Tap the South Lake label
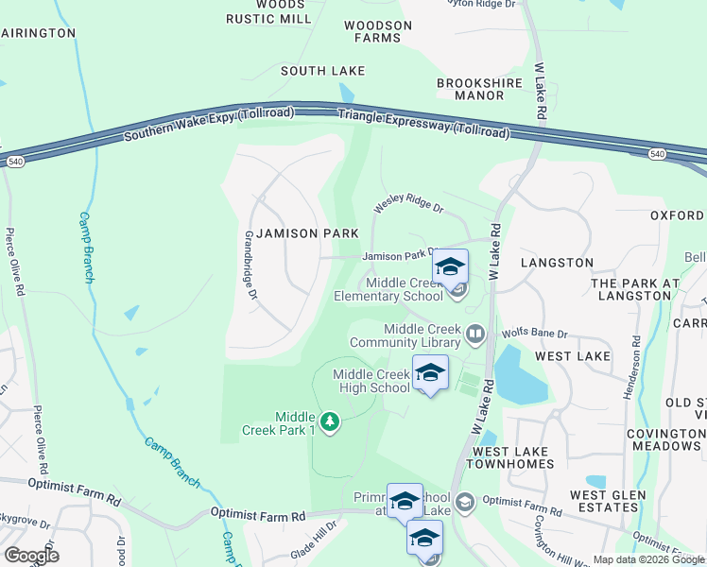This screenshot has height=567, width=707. pos(322,71)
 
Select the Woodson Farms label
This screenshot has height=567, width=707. pos(378,31)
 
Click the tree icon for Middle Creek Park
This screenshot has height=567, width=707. pos(329,421)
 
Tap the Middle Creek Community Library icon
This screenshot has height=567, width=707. pos(474,333)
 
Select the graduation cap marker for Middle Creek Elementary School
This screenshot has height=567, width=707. pos(451,266)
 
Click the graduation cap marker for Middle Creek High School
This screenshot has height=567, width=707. pos(430,372)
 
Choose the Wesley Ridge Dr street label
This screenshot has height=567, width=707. pos(408,201)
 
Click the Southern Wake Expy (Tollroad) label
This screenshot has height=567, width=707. pos(208,126)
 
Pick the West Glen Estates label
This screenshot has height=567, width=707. pos(608,501)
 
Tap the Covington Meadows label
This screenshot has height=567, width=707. pos(666,438)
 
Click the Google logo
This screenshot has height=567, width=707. pos(31,555)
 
